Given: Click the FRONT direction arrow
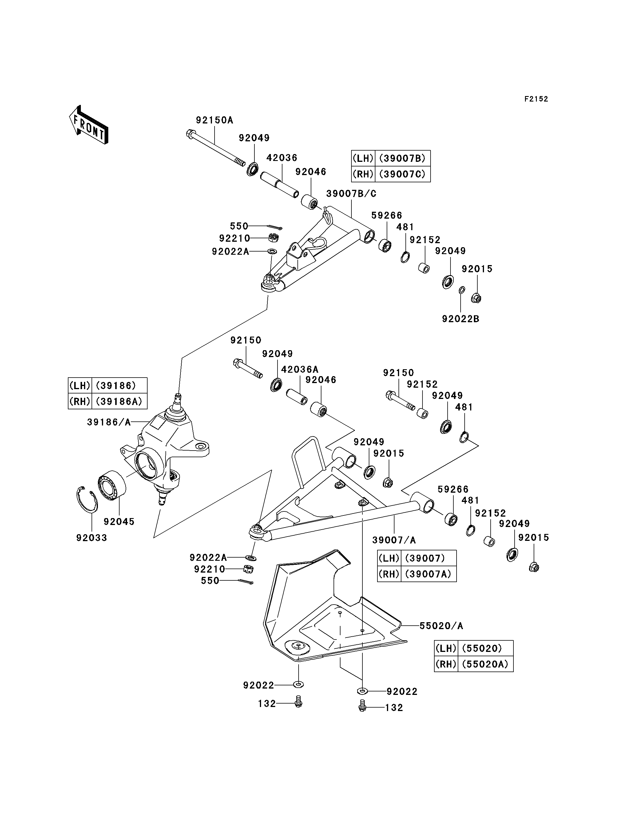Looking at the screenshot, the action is (x=89, y=125).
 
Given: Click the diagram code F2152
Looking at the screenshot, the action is (x=536, y=99).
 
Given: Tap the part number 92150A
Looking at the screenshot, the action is (x=214, y=120).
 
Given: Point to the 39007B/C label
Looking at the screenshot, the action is (x=351, y=194).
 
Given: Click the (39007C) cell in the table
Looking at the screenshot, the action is (x=402, y=174).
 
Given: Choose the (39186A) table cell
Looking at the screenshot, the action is (x=119, y=401).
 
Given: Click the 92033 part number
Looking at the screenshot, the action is (x=92, y=538).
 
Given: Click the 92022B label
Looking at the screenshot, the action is (x=460, y=319).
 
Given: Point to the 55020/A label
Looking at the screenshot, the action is (x=441, y=626).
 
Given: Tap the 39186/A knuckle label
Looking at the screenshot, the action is (x=109, y=422).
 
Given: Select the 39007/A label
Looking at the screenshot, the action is (x=394, y=540).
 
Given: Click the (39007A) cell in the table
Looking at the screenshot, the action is (x=429, y=574).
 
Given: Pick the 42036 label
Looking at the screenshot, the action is (x=282, y=158).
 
